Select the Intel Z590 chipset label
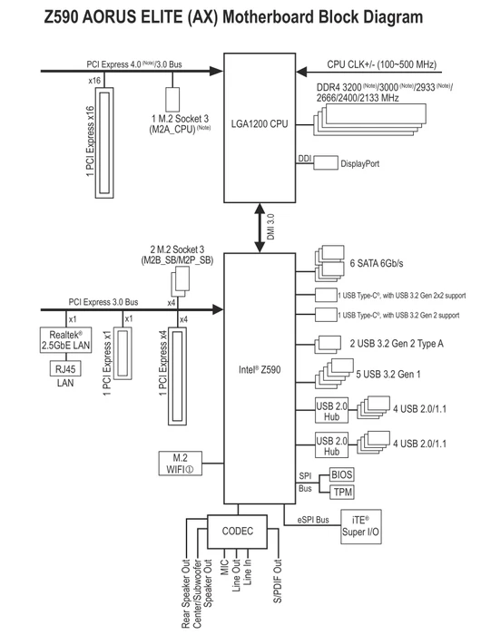pos(260,369)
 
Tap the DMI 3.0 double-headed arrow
pos(260,228)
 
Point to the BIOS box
pos(341,474)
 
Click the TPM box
pos(341,492)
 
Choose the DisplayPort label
pos(359,163)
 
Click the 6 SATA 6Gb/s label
pos(377,263)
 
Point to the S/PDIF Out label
pos(278,581)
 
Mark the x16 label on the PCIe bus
pos(94,81)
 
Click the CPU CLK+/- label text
pos(382,64)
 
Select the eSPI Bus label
pos(313,520)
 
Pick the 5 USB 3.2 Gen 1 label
pos(388,374)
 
